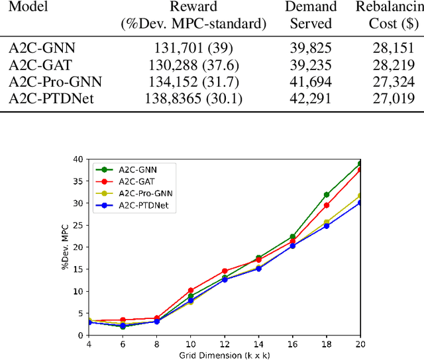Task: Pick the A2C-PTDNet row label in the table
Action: click(x=50, y=99)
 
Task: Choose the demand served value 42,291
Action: click(x=311, y=99)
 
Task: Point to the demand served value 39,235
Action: click(x=311, y=64)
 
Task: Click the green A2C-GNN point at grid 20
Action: click(x=360, y=163)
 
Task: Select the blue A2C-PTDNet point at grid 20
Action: click(x=360, y=202)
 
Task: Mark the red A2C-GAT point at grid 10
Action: click(x=191, y=291)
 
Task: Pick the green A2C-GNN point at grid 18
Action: click(x=327, y=195)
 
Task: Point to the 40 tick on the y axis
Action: click(x=78, y=159)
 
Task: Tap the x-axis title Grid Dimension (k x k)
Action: click(x=225, y=354)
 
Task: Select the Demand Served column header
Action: click(x=311, y=15)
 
